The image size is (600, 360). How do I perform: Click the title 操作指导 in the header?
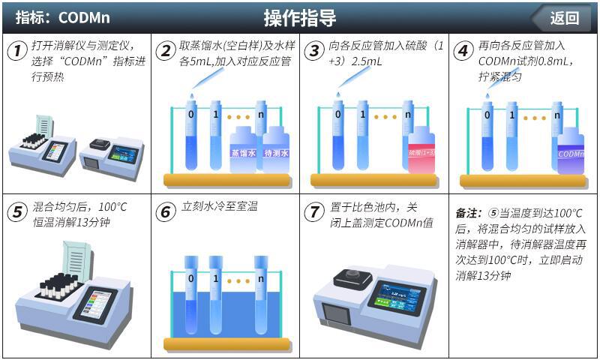pyautogui.click(x=299, y=18)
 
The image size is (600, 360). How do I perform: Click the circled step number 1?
pyautogui.click(x=17, y=51)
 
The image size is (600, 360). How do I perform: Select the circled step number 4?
pyautogui.click(x=463, y=51)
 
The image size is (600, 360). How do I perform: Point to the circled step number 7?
pyautogui.click(x=314, y=211)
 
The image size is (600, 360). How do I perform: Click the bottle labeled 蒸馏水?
pyautogui.click(x=242, y=149)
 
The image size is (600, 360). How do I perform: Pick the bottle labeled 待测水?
pyautogui.click(x=276, y=149)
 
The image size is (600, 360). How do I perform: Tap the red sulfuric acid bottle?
pyautogui.click(x=421, y=150)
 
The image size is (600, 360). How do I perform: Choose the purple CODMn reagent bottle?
pyautogui.click(x=571, y=150)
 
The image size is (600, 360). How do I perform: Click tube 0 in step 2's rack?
pyautogui.click(x=191, y=135)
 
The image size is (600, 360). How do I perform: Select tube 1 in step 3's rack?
pyautogui.click(x=362, y=135)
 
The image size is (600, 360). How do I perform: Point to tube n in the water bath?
pyautogui.click(x=261, y=295)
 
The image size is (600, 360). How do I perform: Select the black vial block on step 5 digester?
pyautogui.click(x=59, y=287)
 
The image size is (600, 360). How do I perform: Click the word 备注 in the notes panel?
pyautogui.click(x=468, y=214)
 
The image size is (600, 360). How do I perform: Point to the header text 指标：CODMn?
pyautogui.click(x=63, y=17)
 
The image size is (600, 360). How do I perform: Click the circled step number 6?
pyautogui.click(x=165, y=211)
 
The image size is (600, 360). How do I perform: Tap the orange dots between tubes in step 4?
pyautogui.click(x=534, y=118)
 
